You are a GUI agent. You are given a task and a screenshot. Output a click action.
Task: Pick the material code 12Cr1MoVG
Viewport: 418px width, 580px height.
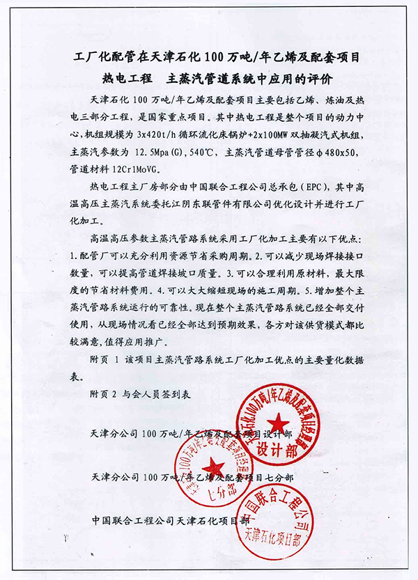157,166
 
